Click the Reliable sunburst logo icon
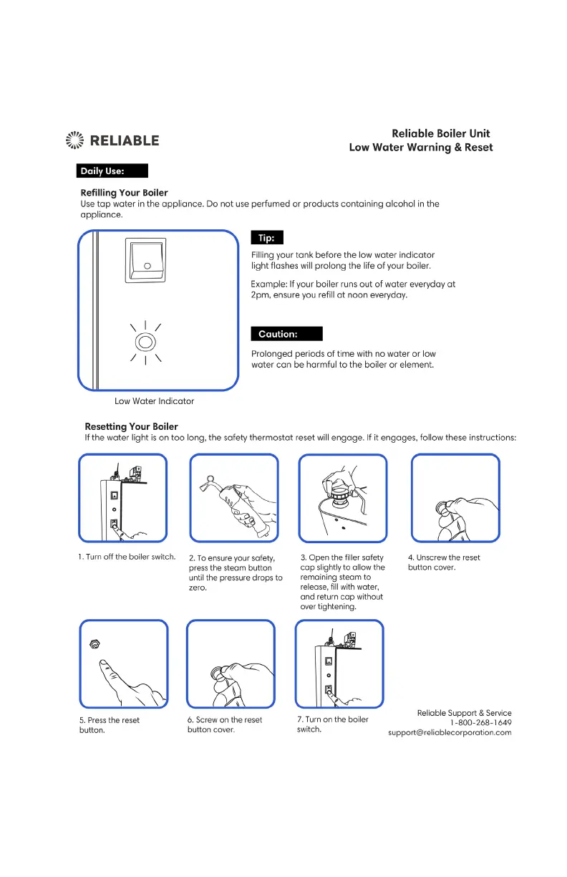click(x=75, y=140)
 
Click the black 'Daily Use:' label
click(x=112, y=171)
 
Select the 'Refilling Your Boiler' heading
click(x=125, y=193)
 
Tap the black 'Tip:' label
click(x=267, y=238)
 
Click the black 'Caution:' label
click(x=286, y=334)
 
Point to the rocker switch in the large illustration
click(x=146, y=260)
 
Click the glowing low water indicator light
click(x=146, y=342)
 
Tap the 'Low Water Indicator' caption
click(x=154, y=401)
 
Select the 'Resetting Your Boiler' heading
click(x=131, y=426)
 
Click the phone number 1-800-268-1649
click(x=480, y=722)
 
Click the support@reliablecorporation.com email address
click(x=450, y=732)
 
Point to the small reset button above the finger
click(x=94, y=645)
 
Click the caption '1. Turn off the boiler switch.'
click(x=127, y=557)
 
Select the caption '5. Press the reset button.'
click(x=109, y=725)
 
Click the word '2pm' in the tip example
click(x=258, y=294)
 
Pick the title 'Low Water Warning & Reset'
click(x=420, y=148)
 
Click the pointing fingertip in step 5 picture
click(x=105, y=665)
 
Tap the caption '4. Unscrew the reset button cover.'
click(x=444, y=562)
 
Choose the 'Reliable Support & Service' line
click(x=464, y=712)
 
